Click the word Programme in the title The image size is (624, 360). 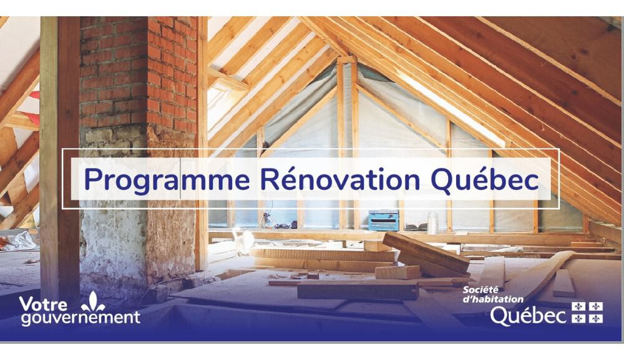[x=167, y=180]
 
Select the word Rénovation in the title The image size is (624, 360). [x=340, y=179]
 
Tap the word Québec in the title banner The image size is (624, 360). [x=485, y=180]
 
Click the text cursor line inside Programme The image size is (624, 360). [x=180, y=178]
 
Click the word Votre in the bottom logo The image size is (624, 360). [x=43, y=304]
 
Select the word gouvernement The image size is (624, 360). [x=80, y=318]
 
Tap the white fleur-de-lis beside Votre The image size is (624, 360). [x=93, y=302]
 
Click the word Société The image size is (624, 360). [x=480, y=290]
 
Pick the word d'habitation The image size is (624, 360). [x=493, y=299]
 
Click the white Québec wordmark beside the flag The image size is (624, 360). [x=528, y=316]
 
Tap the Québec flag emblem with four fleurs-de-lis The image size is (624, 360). [x=587, y=312]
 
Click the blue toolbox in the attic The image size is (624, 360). [x=384, y=220]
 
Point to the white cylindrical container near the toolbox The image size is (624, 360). [x=432, y=223]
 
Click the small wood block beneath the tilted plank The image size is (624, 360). [x=397, y=273]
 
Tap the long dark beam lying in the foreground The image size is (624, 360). [x=358, y=290]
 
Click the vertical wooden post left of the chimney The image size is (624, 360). [x=60, y=158]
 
